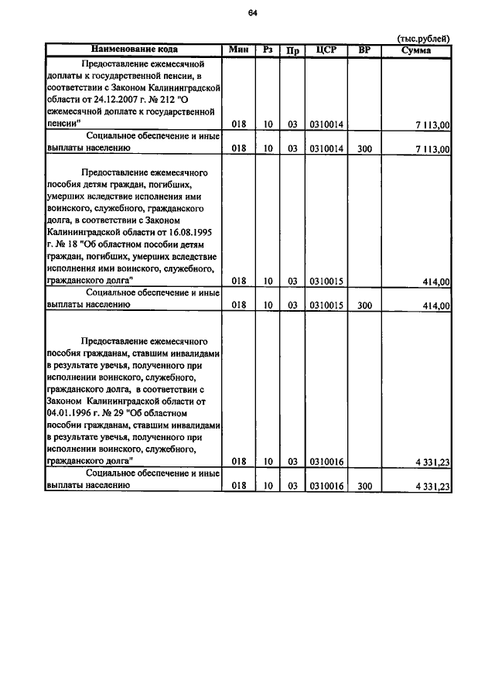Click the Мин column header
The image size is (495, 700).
click(239, 50)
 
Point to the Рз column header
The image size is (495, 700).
click(268, 50)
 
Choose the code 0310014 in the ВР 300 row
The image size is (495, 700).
click(326, 147)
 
